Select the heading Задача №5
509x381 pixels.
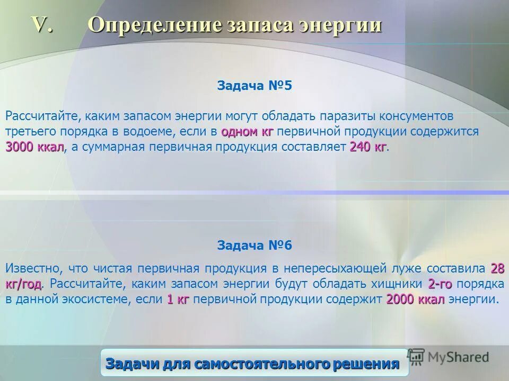coord(254,86)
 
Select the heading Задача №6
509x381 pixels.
coord(254,246)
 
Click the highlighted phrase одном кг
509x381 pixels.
coord(247,131)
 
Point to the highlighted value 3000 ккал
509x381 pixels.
coord(35,147)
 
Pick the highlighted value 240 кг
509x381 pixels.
coord(368,147)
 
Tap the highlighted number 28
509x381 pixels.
coord(497,268)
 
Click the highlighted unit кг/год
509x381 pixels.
coord(23,284)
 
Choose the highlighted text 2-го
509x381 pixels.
coord(440,284)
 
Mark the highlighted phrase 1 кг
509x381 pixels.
coord(178,300)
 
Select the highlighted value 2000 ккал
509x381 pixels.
coord(415,300)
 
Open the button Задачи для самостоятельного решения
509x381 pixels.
coord(252,364)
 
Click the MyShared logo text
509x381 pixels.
coord(459,357)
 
